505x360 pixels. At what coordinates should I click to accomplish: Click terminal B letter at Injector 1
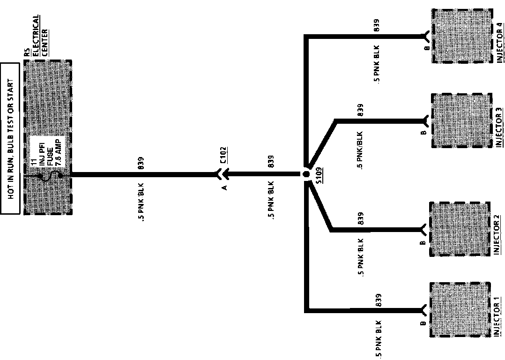(423, 323)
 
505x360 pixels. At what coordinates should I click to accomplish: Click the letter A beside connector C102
(224, 187)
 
